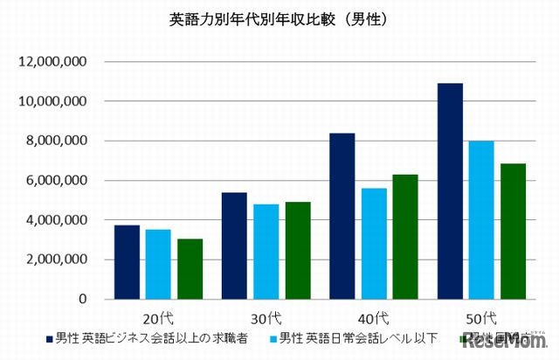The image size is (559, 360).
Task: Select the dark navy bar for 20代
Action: (x=127, y=262)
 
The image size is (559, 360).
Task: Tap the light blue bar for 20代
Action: (x=158, y=264)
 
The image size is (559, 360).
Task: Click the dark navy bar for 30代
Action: (x=235, y=246)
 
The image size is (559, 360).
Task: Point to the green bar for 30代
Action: (x=298, y=251)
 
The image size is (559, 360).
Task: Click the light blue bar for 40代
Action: (x=374, y=244)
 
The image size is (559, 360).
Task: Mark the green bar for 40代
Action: (x=405, y=237)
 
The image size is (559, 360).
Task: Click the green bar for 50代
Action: (x=514, y=232)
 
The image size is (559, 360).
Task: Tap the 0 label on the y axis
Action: (x=81, y=299)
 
